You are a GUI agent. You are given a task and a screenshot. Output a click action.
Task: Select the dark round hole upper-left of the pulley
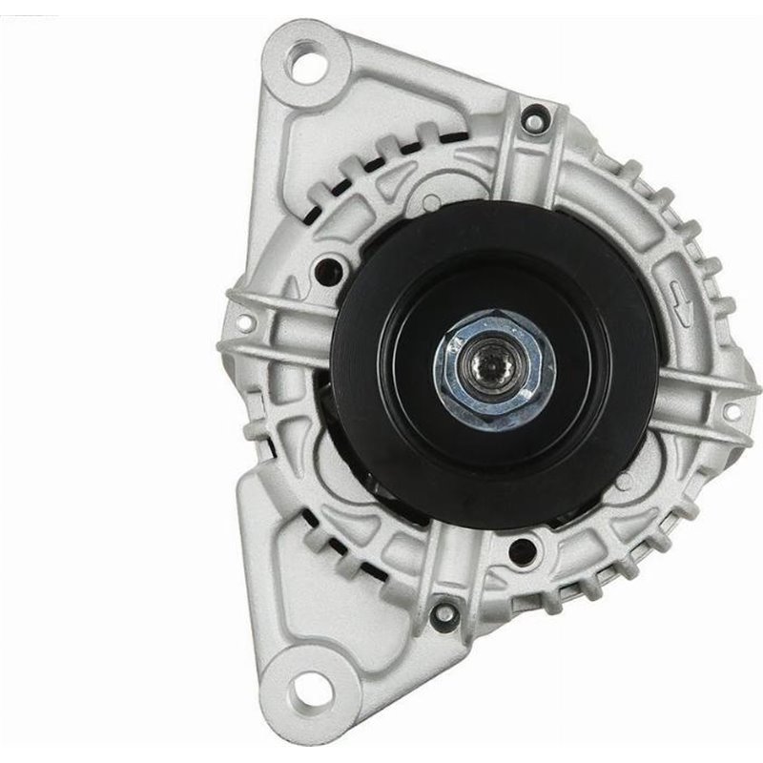point(333,270)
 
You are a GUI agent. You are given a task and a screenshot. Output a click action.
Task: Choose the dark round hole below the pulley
point(521,548)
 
